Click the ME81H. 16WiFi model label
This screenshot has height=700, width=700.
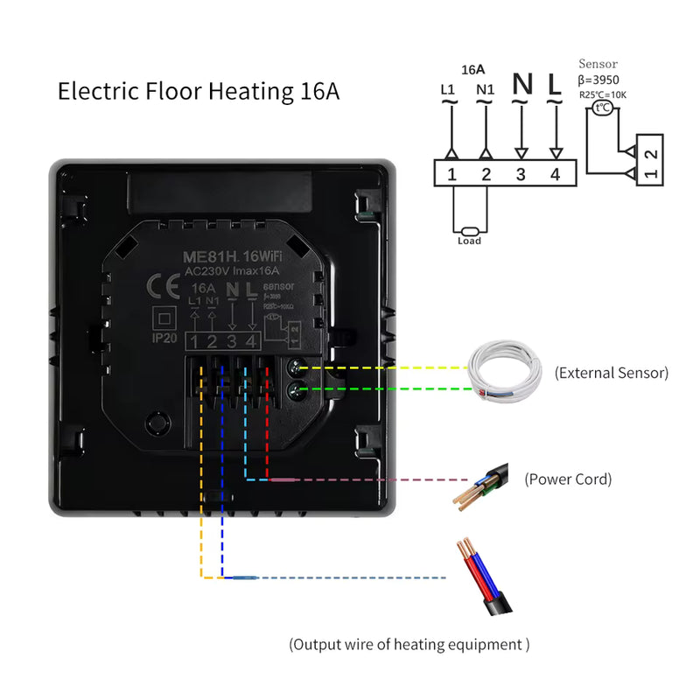[226, 257]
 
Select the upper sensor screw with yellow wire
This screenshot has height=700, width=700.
[296, 368]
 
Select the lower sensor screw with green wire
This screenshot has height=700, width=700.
[296, 389]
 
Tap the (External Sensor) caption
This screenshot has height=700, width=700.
[611, 373]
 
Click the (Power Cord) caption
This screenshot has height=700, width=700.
[567, 479]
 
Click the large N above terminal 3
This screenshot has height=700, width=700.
[521, 85]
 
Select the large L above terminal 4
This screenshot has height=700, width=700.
[555, 85]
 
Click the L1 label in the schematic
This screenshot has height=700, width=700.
[448, 89]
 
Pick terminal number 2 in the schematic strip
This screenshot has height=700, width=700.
[486, 174]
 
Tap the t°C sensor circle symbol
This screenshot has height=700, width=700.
[602, 108]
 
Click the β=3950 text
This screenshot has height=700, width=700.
[599, 80]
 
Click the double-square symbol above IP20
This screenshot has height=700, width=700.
[162, 316]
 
